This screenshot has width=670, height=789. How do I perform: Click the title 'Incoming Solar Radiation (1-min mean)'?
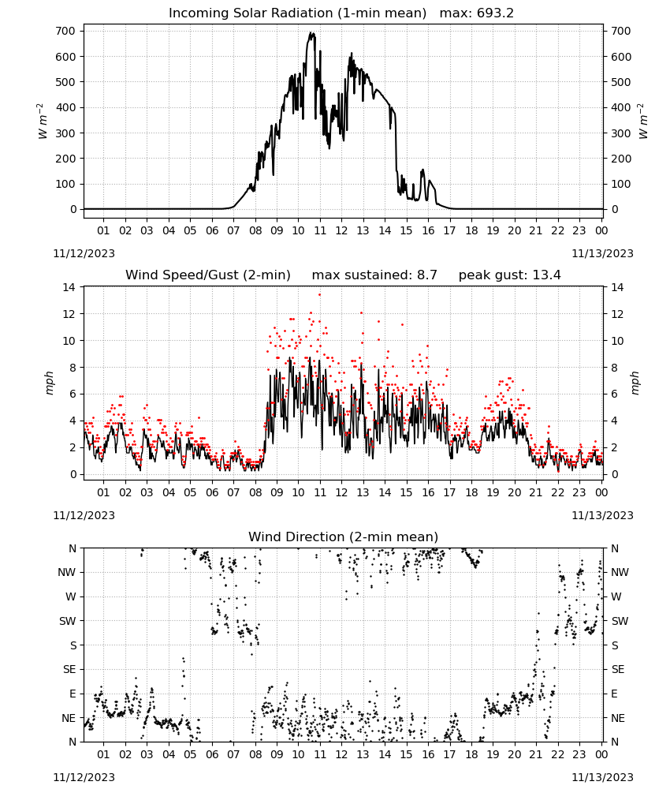297,13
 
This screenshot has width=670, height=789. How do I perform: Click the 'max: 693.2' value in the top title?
477,13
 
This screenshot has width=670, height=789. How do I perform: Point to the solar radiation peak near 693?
311,33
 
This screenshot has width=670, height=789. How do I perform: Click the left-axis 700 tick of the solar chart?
65,32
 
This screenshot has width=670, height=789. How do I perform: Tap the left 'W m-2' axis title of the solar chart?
43,121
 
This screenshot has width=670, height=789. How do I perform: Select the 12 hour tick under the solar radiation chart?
341,230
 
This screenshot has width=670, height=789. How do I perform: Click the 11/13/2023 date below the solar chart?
602,253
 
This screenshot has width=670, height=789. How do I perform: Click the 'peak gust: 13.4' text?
509,275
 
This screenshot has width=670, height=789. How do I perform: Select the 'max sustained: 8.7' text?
374,275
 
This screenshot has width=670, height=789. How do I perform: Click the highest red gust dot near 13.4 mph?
319,295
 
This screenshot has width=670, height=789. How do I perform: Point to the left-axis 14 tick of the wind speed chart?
69,287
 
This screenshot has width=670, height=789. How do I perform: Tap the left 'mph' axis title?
49,383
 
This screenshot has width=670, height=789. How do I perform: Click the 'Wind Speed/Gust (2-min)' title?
208,275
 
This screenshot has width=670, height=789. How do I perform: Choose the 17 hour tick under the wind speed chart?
449,492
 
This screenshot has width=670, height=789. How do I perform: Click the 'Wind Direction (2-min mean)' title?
344,537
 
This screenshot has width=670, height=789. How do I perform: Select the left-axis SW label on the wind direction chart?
67,621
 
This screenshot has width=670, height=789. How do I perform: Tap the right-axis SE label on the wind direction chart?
618,669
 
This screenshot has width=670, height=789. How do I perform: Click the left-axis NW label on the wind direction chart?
67,573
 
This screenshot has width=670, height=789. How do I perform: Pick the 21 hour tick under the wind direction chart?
536,754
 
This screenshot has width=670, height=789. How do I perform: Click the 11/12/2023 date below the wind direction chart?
84,777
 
